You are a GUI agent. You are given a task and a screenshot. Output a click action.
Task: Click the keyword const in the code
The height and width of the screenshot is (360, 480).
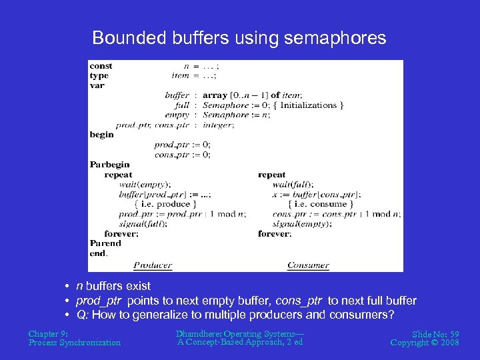[x=101, y=66]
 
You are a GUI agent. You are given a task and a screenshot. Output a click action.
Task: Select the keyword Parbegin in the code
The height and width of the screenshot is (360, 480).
[x=110, y=165]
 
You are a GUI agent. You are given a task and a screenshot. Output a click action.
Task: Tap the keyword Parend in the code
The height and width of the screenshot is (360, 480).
[x=105, y=243]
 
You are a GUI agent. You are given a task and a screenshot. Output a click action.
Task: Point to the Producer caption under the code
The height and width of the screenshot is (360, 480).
[x=152, y=265]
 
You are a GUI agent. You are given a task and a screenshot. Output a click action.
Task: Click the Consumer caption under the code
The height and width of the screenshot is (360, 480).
[x=308, y=265]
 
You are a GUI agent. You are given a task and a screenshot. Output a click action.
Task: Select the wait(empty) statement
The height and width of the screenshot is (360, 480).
[x=145, y=185]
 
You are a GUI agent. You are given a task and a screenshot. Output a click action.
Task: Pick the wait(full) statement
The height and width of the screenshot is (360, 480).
[x=293, y=185]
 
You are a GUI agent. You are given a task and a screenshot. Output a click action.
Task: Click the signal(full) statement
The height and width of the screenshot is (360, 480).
[x=143, y=224]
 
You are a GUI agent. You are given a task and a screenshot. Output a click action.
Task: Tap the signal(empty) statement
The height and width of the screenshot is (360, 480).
[x=299, y=224]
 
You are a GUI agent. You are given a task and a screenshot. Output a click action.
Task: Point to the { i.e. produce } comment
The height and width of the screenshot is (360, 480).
[x=165, y=204]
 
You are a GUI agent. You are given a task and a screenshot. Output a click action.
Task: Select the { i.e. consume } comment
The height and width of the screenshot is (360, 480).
[x=318, y=204]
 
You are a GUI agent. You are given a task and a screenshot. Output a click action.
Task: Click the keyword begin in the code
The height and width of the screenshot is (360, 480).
[x=102, y=135]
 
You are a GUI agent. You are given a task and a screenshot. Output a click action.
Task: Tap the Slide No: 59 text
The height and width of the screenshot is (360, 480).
[x=435, y=333]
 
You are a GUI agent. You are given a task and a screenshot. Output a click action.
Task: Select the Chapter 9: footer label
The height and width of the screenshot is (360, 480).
[x=48, y=333]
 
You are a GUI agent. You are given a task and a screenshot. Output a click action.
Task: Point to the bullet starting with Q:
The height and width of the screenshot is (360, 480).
[x=235, y=315]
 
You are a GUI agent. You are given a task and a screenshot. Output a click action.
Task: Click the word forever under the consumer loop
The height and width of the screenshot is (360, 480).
[x=274, y=234]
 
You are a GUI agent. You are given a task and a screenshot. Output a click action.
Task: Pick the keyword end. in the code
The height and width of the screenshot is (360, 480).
[x=98, y=253]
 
